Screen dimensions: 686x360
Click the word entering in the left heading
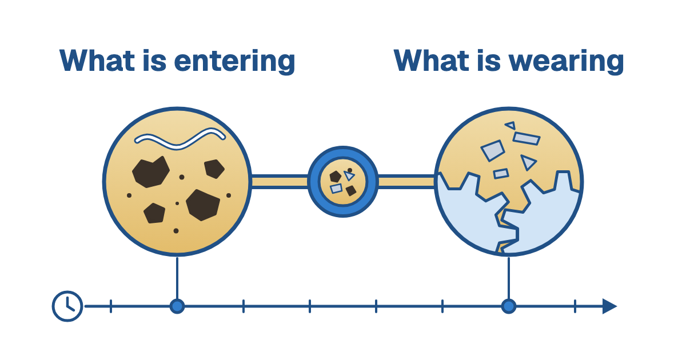tap(234, 62)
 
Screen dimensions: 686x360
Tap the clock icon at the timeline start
tap(67, 306)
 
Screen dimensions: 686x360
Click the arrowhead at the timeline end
tap(609, 306)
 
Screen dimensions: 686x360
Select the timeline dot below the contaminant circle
tap(177, 306)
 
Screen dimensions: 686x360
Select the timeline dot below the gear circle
tap(509, 306)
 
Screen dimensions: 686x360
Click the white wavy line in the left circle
tap(180, 139)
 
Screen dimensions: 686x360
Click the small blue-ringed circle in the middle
tap(343, 182)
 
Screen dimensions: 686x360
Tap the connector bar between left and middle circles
tap(280, 182)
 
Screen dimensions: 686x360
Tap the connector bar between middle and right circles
tap(407, 182)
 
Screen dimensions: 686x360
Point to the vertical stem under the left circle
tap(177, 278)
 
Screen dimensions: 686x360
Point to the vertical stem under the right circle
tap(509, 278)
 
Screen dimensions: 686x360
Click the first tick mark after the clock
tap(111, 306)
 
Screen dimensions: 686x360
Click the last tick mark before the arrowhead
tap(575, 306)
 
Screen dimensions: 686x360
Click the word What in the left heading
tap(97, 61)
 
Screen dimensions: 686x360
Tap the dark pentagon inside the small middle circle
tap(336, 177)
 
